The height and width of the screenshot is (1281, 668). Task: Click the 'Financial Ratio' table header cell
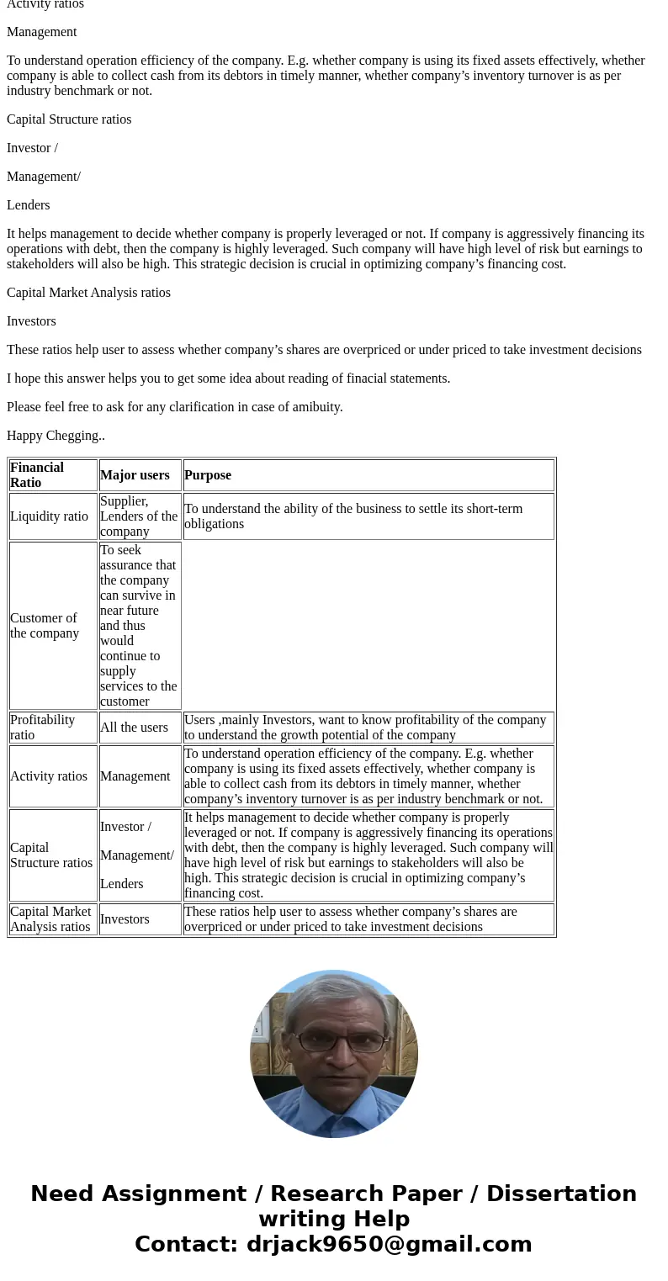pos(37,475)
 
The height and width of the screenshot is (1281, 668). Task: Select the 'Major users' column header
pos(135,475)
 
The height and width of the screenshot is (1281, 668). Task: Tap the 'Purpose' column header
pos(208,475)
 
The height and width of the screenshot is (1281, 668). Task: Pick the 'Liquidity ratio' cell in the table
pos(49,516)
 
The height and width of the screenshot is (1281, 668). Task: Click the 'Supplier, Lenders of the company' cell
pos(139,516)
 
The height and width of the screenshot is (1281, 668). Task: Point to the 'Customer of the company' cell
pos(45,626)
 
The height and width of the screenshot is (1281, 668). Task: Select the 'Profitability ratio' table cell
pos(43,728)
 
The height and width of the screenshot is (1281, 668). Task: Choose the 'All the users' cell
pos(134,728)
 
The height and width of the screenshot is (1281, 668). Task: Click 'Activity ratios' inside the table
pos(49,776)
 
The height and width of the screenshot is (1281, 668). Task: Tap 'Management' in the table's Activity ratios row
pos(135,776)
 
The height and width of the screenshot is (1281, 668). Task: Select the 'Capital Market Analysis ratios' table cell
pos(50,919)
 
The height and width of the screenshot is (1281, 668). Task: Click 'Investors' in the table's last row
pos(125,919)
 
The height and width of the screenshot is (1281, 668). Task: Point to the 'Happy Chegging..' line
pos(56,436)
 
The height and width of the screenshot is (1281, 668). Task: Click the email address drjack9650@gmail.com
pos(389,1245)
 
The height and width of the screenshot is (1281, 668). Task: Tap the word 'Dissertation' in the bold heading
pos(561,1194)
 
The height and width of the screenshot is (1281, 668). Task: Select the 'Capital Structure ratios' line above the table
pos(69,119)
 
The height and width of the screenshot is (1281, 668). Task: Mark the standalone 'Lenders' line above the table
pos(29,205)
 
